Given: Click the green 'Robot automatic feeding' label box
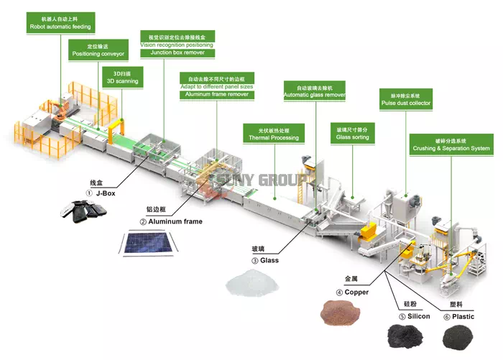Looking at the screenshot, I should tap(60, 22).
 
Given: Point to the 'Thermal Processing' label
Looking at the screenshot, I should tap(274, 133).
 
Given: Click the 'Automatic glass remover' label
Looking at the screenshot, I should tap(315, 91).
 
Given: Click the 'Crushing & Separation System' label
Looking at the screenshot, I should tap(451, 144).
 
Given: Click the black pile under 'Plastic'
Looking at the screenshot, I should tap(458, 335).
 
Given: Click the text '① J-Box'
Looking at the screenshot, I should tap(101, 193).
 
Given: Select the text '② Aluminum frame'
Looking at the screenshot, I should tap(171, 221).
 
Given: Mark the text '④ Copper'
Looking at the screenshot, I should tap(353, 292).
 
